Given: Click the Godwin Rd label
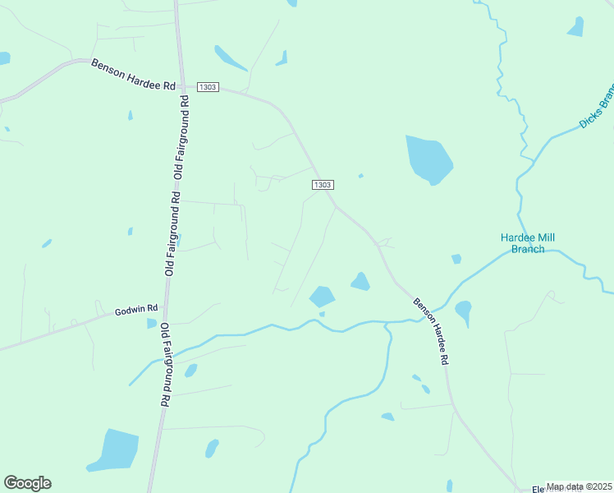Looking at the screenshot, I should [136, 311].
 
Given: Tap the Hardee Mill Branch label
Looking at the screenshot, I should [528, 243].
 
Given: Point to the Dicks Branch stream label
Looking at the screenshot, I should [596, 108].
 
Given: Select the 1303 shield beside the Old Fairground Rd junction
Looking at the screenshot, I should [208, 87].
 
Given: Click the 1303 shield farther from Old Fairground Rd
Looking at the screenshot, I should [323, 186].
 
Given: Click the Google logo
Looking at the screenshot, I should [27, 483].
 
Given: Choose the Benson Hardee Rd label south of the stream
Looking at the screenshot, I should [431, 331].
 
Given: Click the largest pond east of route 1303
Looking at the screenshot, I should [428, 158].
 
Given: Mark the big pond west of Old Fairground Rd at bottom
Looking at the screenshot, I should [113, 450].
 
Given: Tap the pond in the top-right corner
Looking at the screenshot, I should [575, 28].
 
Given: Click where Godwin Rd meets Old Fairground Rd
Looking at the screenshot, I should [166, 306].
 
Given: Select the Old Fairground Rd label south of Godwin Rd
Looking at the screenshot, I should [165, 365].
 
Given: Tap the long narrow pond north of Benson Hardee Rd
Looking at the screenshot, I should [230, 58].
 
